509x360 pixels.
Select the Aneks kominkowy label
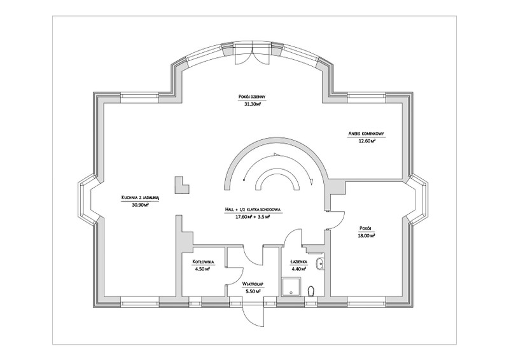366,134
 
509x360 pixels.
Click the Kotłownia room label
204,261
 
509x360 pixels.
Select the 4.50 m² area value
202,269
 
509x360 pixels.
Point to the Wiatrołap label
253,284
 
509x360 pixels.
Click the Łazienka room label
299,261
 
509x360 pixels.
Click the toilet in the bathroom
312,291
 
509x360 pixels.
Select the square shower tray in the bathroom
292,287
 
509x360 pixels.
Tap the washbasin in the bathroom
321,264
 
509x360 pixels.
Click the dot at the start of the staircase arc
243,179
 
